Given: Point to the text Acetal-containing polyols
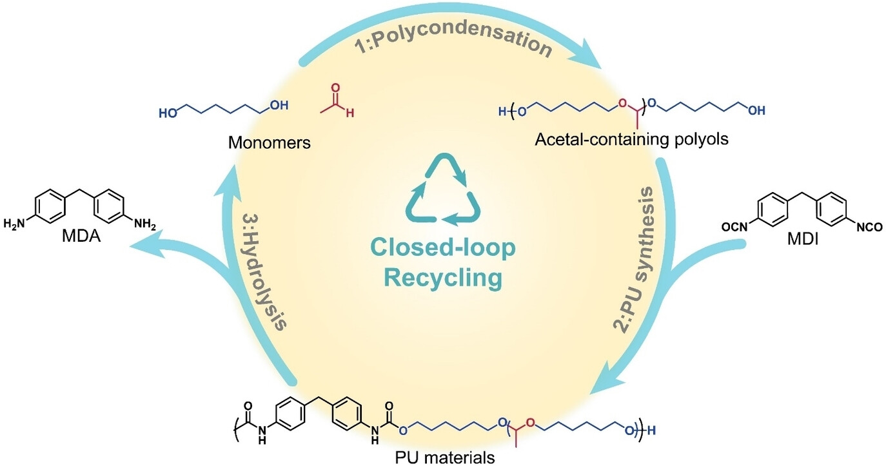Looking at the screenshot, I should pos(631,139).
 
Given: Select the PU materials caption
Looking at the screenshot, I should pos(445,458).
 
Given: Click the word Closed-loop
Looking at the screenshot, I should pos(443,248).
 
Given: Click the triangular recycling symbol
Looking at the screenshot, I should pos(443,191).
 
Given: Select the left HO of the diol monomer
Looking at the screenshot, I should pos(168,112).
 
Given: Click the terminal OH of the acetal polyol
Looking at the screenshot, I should pos(756,110).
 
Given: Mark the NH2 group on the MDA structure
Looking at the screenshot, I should pos(146,224).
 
